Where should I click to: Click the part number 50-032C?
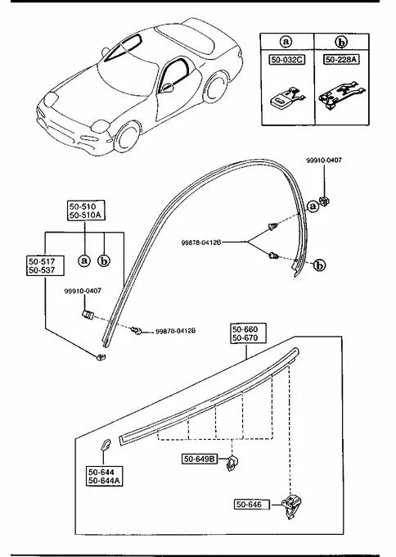(287, 60)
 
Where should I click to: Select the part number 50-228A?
(341, 59)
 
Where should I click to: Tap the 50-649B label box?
(200, 459)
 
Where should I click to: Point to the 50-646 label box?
(252, 505)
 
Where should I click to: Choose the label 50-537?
(42, 270)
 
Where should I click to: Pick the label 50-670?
(245, 337)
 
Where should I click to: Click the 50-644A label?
(105, 481)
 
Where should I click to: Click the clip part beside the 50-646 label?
(291, 506)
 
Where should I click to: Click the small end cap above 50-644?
(106, 445)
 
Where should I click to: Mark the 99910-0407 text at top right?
(324, 161)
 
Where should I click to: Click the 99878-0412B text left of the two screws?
(201, 242)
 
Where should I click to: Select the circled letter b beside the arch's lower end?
(320, 265)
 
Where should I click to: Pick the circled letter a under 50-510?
(84, 261)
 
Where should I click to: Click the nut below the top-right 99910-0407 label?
(325, 202)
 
